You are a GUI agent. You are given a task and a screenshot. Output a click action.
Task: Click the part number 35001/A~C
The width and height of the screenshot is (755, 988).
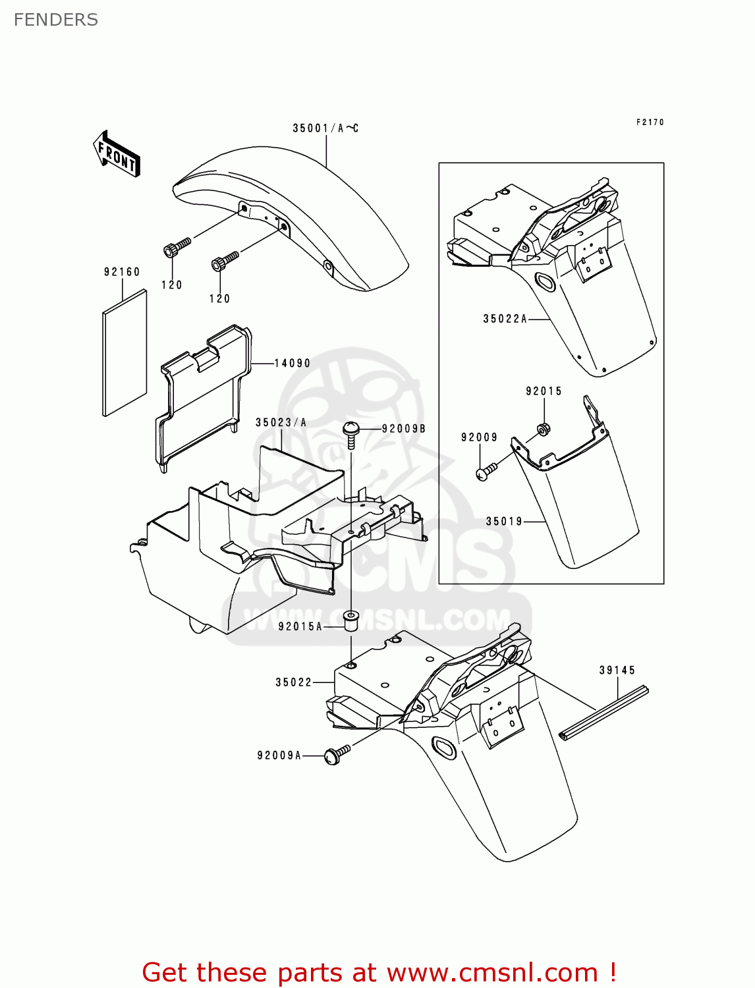click(325, 128)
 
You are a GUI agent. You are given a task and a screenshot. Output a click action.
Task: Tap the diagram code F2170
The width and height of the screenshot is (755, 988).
click(650, 122)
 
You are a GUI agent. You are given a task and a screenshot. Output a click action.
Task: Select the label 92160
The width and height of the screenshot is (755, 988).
click(122, 271)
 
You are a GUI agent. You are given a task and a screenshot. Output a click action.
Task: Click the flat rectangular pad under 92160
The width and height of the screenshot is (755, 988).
click(125, 354)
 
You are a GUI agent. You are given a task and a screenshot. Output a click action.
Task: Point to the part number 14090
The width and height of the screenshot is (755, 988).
click(292, 363)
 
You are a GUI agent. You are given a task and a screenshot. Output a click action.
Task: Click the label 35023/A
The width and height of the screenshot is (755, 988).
click(281, 422)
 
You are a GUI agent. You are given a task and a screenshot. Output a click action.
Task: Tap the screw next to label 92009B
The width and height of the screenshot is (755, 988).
click(351, 435)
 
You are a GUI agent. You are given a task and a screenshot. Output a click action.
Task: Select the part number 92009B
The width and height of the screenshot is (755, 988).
click(403, 429)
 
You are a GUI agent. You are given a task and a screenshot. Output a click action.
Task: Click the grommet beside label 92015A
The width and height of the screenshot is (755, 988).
click(351, 620)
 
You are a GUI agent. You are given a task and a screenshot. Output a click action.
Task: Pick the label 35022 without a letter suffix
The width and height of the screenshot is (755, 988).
click(293, 682)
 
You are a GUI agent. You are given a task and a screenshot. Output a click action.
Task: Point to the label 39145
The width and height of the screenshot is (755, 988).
click(617, 670)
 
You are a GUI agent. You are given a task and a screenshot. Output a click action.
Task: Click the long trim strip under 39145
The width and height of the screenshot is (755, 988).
click(603, 712)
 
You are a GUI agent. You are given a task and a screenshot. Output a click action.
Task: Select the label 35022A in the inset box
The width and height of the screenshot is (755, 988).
click(505, 319)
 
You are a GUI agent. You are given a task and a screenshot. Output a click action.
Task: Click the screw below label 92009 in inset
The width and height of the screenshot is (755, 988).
click(486, 472)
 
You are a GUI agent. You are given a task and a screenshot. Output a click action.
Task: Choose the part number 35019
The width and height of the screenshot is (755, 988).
click(504, 521)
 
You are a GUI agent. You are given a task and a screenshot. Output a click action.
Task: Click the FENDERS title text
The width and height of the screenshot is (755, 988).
click(56, 20)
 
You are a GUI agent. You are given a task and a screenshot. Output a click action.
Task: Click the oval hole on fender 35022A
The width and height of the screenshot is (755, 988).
click(545, 282)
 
